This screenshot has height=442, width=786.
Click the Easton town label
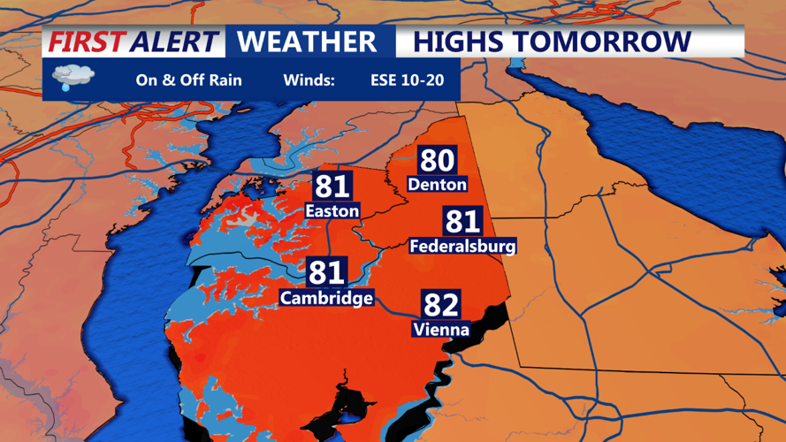coord(332,211)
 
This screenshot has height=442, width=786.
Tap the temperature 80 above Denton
coord(437,160)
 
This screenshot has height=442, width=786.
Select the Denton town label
coord(437,185)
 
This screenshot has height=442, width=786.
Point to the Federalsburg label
coord(462,246)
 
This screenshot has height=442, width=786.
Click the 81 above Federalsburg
coord(462,221)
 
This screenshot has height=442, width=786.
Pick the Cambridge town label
coord(326,298)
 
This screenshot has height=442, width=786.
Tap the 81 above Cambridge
coord(326,272)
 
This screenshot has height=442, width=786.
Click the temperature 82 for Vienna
coord(441,304)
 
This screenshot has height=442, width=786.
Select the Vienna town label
coord(441,330)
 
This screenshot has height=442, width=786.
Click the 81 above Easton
coord(332,187)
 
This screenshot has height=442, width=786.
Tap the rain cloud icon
coord(70,79)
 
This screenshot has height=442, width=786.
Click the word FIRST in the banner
coord(87,42)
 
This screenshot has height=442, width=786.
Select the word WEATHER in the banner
coord(307,42)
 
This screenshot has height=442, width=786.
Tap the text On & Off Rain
coord(188,80)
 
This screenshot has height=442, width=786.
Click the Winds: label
coord(309,80)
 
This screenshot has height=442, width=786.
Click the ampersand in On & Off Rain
coord(178,80)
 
